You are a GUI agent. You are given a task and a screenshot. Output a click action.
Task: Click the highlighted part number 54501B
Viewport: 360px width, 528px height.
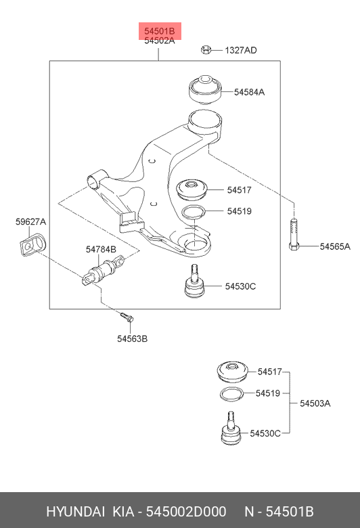(159, 30)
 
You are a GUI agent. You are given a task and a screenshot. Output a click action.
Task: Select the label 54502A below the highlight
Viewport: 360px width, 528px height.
(159, 41)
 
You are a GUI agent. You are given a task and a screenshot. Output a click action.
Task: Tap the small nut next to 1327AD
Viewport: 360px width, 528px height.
(208, 49)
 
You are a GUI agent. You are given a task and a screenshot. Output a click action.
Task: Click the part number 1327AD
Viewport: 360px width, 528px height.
(240, 50)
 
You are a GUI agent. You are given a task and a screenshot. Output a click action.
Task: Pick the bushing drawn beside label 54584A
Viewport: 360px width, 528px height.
(204, 89)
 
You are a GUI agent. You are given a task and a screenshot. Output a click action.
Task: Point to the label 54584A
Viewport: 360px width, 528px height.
(250, 91)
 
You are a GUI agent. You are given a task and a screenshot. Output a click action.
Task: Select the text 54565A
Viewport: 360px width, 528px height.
(335, 246)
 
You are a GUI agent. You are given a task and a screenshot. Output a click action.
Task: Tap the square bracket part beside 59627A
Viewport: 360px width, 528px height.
(31, 244)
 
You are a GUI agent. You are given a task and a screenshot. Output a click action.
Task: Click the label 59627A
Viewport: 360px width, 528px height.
(30, 221)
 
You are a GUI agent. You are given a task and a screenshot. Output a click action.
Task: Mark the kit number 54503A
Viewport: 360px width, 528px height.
(315, 403)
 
